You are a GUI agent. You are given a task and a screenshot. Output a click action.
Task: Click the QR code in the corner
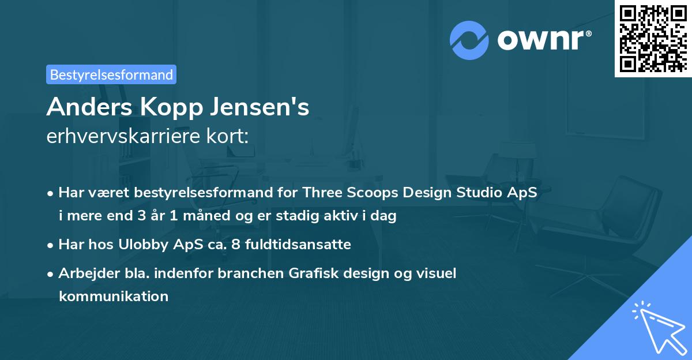(653, 38)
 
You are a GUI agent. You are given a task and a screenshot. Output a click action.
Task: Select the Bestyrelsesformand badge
(111, 74)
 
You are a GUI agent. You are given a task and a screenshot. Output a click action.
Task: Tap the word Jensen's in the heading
(262, 107)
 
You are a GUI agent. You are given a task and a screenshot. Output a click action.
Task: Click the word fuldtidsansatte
(298, 245)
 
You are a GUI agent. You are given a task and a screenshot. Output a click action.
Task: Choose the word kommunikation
(114, 297)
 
